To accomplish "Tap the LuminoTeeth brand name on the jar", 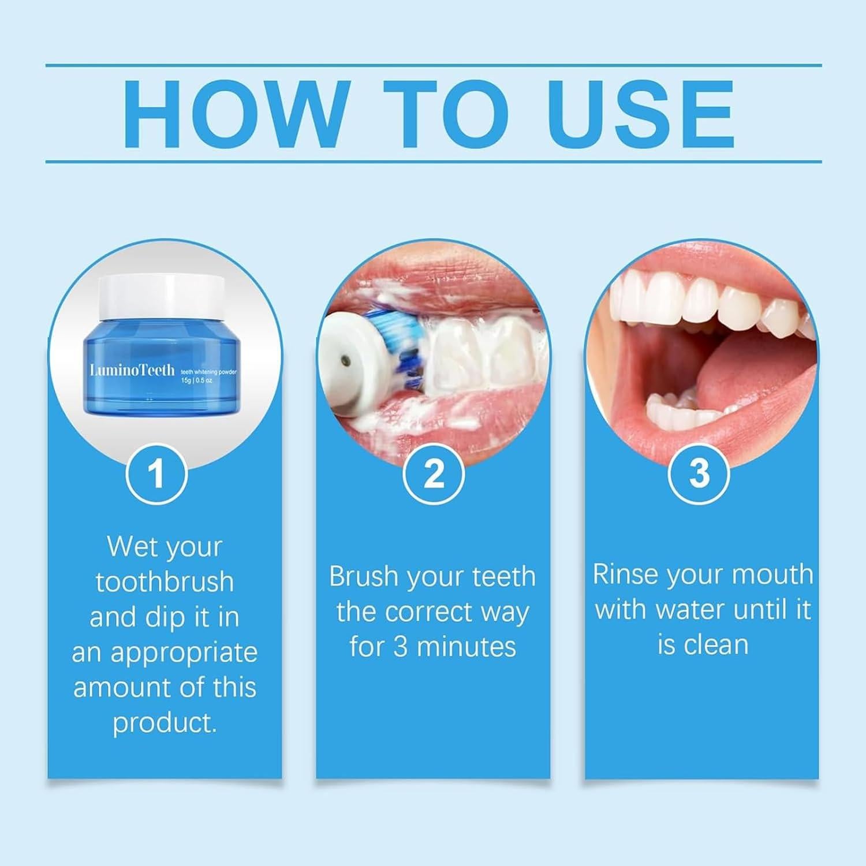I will click(132, 369).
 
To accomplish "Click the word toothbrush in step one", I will click(165, 582).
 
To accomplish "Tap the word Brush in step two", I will click(363, 576).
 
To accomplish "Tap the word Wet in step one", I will click(132, 546).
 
